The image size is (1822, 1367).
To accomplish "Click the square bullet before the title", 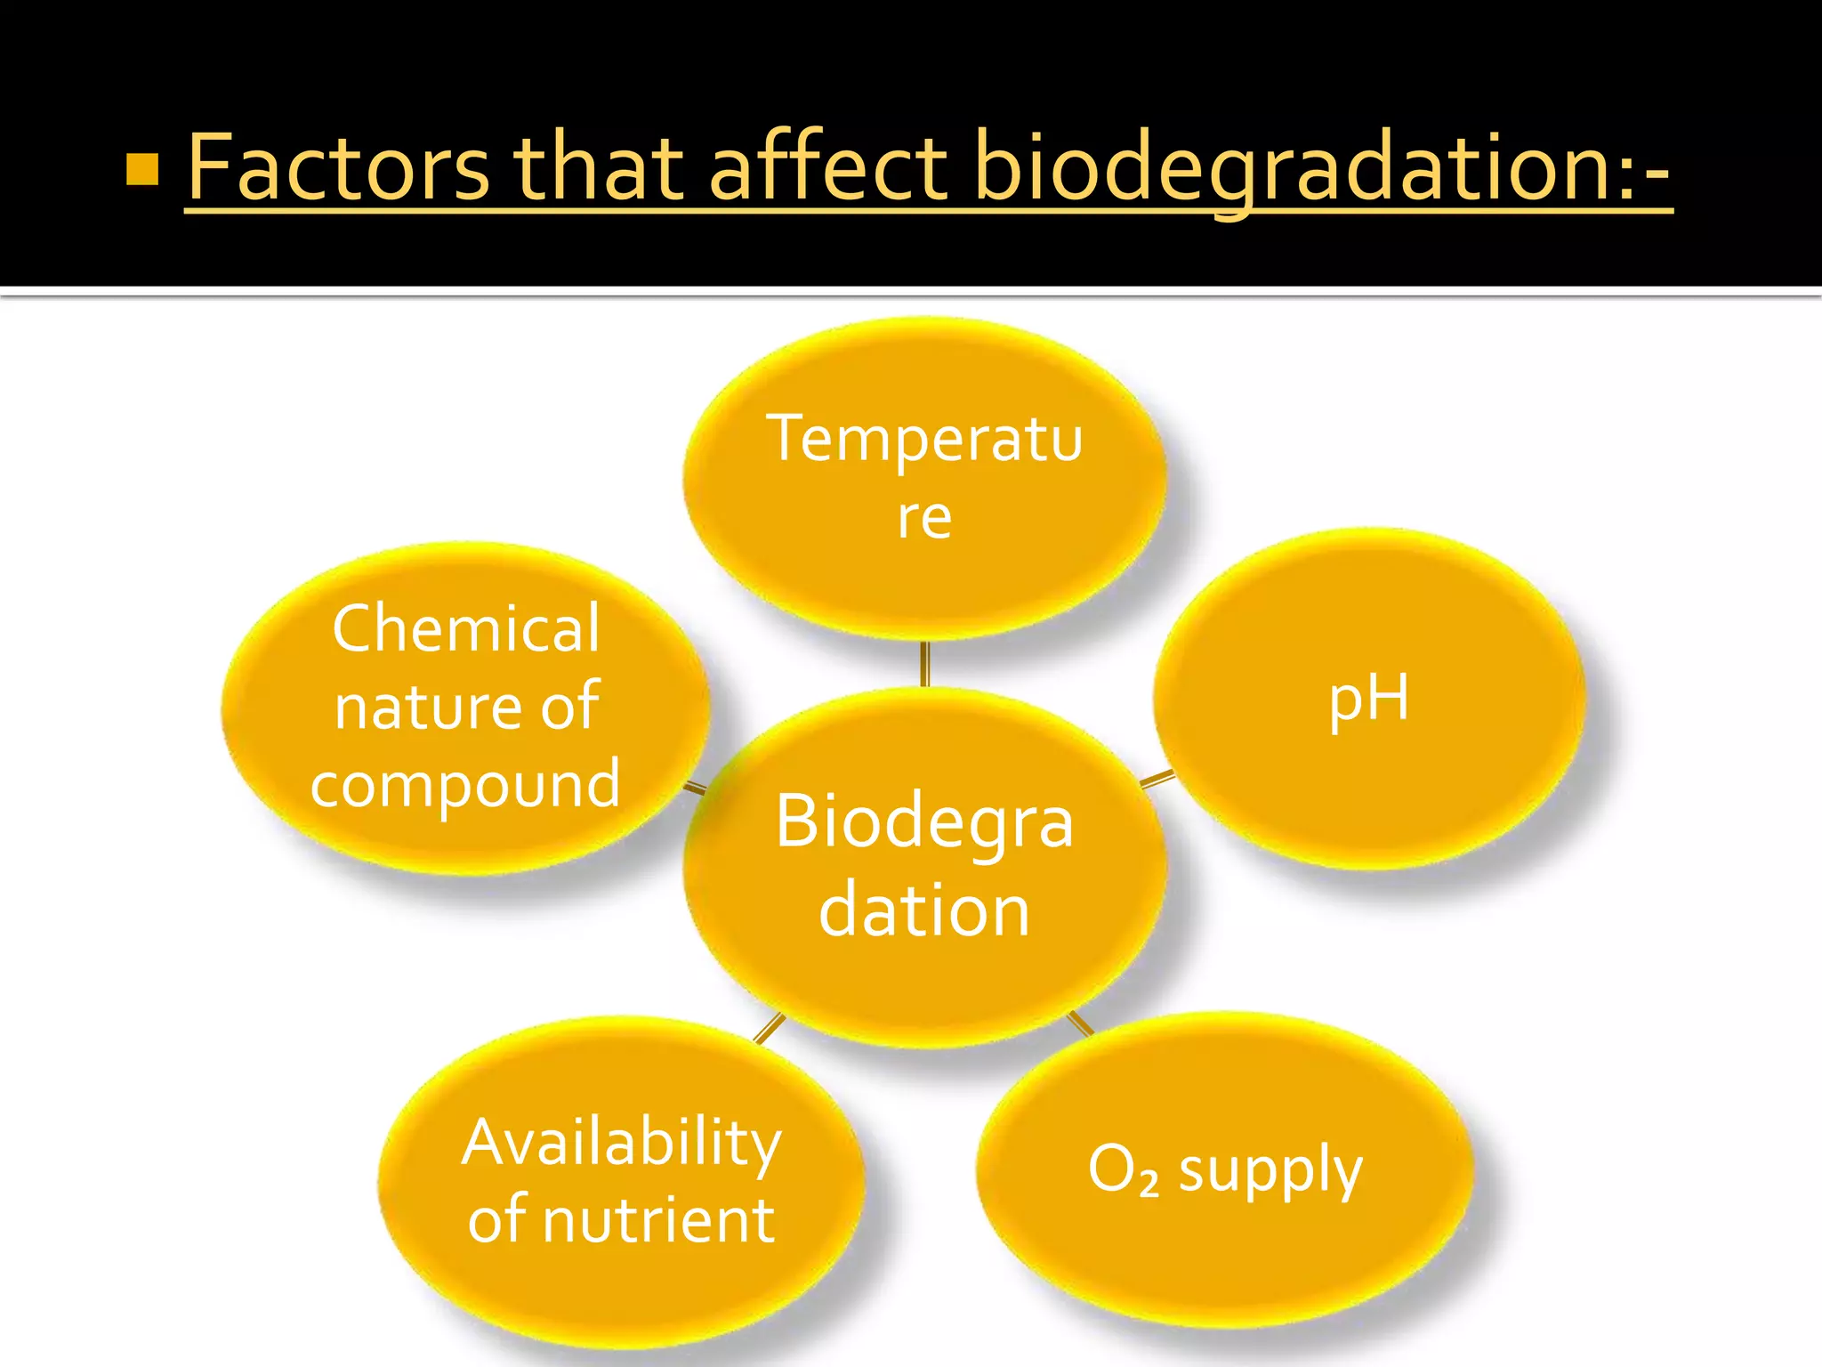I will pyautogui.click(x=142, y=169).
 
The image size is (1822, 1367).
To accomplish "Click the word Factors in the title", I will pyautogui.click(x=338, y=167).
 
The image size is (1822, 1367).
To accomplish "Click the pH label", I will pyautogui.click(x=1368, y=700).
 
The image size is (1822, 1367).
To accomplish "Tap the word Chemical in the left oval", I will pyautogui.click(x=466, y=628).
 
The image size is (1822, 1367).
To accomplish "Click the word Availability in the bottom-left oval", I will pyautogui.click(x=622, y=1143).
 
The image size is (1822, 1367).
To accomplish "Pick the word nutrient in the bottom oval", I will pyautogui.click(x=658, y=1220).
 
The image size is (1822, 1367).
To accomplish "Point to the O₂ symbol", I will pyautogui.click(x=1123, y=1169).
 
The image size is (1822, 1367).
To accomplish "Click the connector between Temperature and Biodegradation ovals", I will pyautogui.click(x=925, y=664).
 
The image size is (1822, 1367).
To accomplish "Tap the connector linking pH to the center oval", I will pyautogui.click(x=1157, y=780).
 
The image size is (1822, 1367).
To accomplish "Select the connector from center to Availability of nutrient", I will pyautogui.click(x=770, y=1028).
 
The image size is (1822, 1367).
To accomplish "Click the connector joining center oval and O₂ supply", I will pyautogui.click(x=1081, y=1023).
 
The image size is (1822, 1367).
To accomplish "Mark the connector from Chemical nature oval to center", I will pyautogui.click(x=695, y=787).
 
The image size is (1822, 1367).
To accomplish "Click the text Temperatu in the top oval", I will pyautogui.click(x=924, y=440).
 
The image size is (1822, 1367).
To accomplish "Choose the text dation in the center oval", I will pyautogui.click(x=924, y=911).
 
